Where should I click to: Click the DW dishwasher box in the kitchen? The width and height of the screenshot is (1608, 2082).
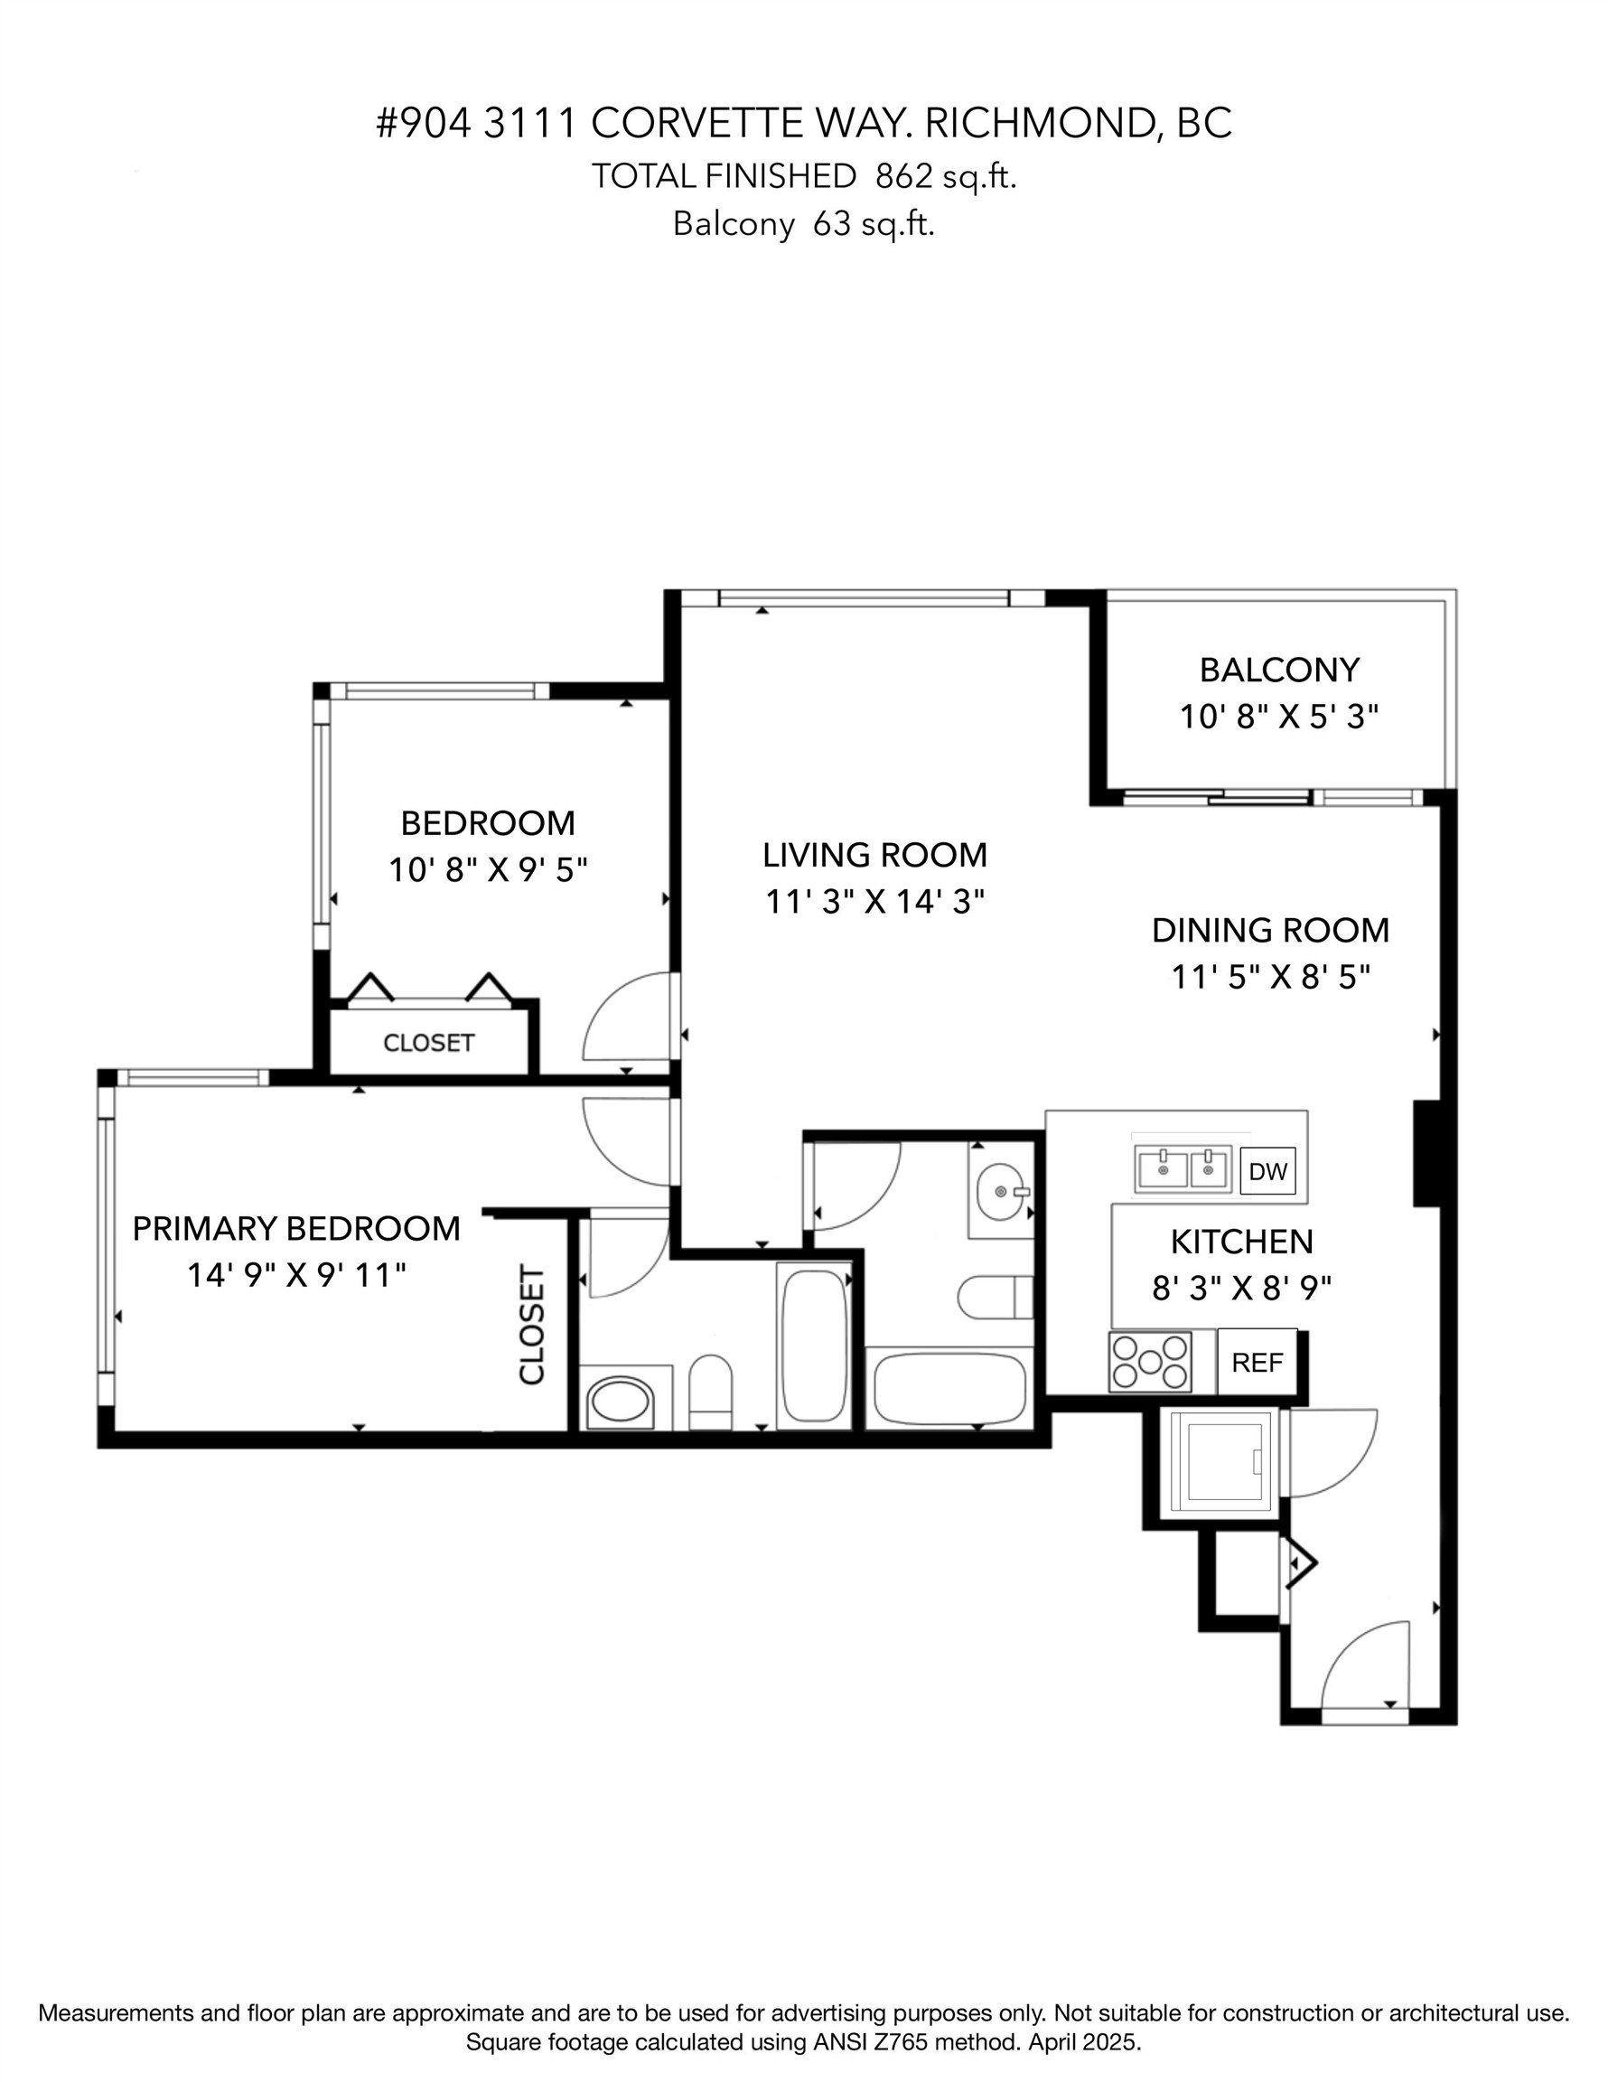pos(1267,1172)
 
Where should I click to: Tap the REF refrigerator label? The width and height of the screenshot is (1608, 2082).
pos(1257,1363)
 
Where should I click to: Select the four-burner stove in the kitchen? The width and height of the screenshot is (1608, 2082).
pos(1151,1361)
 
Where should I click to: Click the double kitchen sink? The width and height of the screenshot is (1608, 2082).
pos(1183,1168)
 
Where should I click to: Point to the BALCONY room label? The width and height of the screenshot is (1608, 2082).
pos(1278,671)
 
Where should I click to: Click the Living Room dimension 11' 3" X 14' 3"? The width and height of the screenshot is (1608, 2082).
pos(874,902)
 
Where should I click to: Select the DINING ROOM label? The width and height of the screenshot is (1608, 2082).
pos(1269,931)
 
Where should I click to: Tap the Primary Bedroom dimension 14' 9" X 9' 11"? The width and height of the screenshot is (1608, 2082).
pos(296,1274)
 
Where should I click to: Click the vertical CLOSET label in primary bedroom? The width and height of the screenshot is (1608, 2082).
pos(532,1325)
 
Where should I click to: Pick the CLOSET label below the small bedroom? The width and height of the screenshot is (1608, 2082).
pos(428,1043)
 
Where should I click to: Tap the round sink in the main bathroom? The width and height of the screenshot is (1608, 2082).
pos(1002,1192)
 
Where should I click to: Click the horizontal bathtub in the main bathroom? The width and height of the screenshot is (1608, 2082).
pos(949,1387)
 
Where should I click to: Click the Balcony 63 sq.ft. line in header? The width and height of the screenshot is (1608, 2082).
pos(803,224)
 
